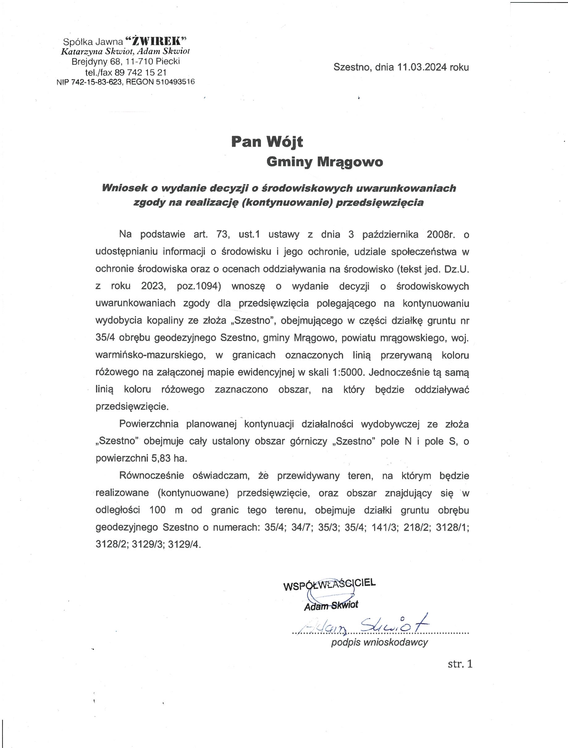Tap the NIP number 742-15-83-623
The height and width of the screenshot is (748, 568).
[96, 82]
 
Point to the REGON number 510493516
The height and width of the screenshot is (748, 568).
[175, 82]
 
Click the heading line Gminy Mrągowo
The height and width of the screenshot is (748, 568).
[325, 162]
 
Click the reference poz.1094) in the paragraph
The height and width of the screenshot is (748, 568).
[199, 286]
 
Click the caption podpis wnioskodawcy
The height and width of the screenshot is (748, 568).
[379, 642]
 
